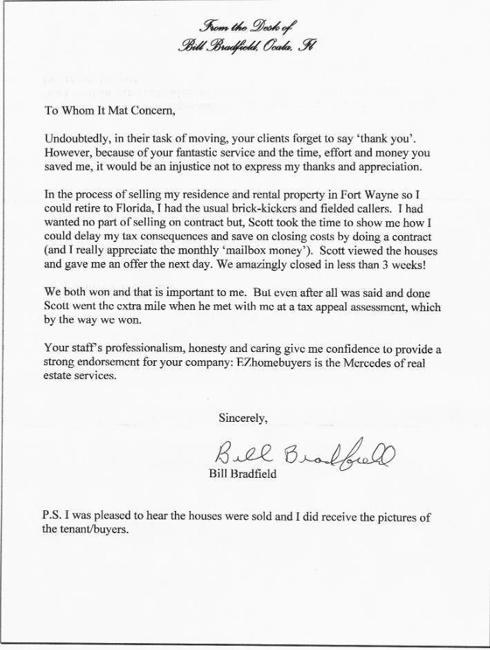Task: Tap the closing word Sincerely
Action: pyautogui.click(x=243, y=418)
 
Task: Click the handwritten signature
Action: pyautogui.click(x=305, y=453)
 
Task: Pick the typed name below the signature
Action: pyautogui.click(x=243, y=474)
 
